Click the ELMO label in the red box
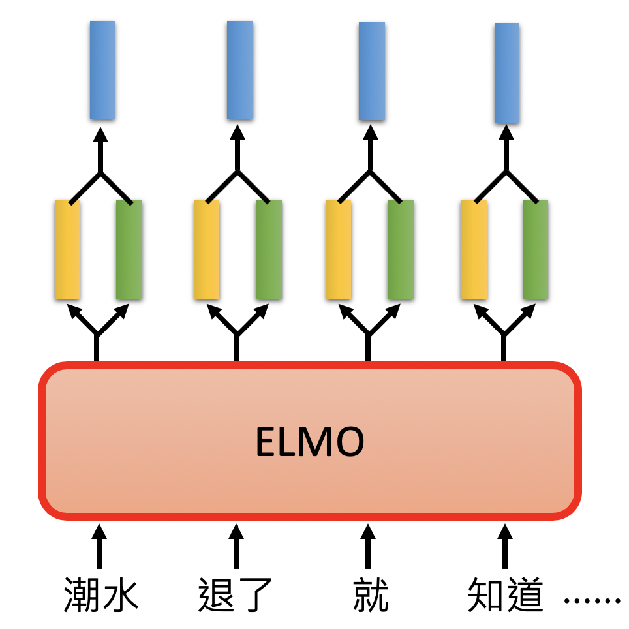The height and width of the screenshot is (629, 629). tap(309, 442)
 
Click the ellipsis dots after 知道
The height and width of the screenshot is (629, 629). tap(592, 600)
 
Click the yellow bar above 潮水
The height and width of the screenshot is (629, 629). tap(67, 249)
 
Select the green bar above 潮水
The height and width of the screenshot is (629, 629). tap(129, 249)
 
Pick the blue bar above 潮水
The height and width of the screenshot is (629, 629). tap(102, 70)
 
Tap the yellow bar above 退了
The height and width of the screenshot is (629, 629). tap(207, 249)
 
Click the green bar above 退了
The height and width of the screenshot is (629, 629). tap(269, 249)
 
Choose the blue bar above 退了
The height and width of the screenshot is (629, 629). tap(240, 70)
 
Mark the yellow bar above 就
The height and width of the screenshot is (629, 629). tap(338, 249)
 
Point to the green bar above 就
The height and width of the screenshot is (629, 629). tap(400, 249)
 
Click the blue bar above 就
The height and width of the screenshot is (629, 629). tap(372, 71)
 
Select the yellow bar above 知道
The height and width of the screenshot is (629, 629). tap(473, 249)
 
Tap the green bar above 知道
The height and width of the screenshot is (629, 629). tap(535, 249)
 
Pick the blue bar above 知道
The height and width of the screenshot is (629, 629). tap(507, 73)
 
